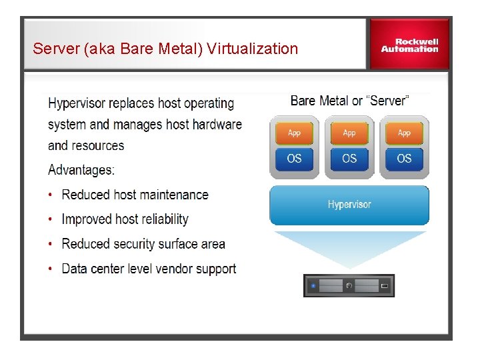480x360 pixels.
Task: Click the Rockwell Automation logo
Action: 409,45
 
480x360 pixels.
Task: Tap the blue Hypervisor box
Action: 349,205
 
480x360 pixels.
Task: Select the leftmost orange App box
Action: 294,133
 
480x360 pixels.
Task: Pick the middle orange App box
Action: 349,133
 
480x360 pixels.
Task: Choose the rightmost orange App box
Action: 404,133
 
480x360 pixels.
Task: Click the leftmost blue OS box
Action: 294,159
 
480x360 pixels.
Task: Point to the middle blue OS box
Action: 349,159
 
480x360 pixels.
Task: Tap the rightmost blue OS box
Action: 404,159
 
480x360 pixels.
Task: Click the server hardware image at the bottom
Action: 349,285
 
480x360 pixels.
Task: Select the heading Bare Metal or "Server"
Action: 349,101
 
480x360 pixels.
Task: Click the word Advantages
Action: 81,170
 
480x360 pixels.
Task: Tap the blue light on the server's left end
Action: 313,286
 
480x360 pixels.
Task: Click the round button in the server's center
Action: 349,286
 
